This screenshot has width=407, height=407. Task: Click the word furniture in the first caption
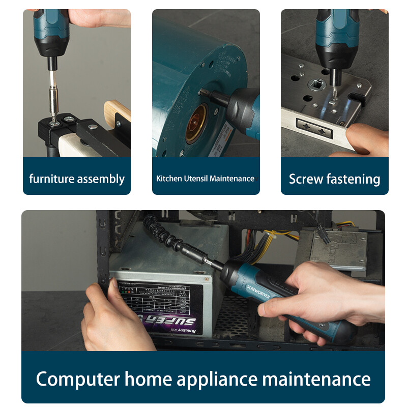pyautogui.click(x=51, y=179)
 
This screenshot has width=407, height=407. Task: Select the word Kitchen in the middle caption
pyautogui.click(x=168, y=179)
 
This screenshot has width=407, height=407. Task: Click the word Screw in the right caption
pyautogui.click(x=306, y=179)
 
